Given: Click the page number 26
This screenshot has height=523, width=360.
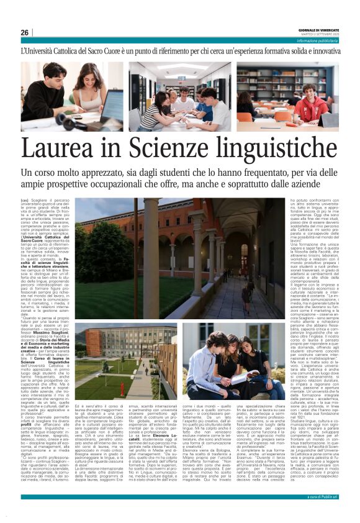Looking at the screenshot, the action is coord(24,32).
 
